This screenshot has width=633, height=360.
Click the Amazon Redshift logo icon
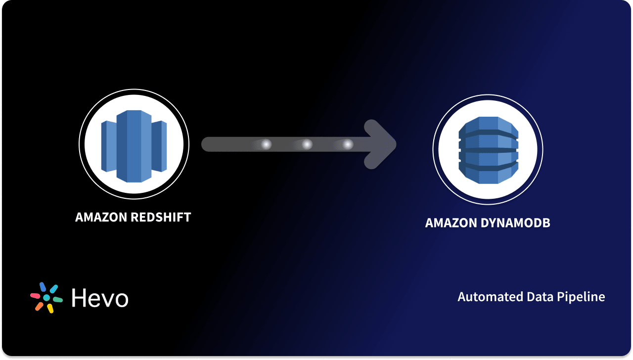[134, 145]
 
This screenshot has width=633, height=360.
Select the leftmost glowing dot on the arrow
[266, 144]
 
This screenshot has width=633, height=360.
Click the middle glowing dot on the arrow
[307, 144]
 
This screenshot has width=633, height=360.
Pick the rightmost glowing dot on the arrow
[348, 144]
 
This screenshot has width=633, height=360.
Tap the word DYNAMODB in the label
[516, 223]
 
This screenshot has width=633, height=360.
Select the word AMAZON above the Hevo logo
[101, 217]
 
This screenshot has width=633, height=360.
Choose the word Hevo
[100, 298]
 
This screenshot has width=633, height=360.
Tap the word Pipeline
[585, 297]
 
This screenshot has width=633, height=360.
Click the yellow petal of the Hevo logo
[50, 309]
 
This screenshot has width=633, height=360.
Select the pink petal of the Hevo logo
[35, 296]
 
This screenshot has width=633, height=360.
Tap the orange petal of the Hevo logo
[39, 307]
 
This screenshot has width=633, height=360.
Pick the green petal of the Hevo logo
[57, 300]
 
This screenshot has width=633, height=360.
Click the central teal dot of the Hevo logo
[46, 298]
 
